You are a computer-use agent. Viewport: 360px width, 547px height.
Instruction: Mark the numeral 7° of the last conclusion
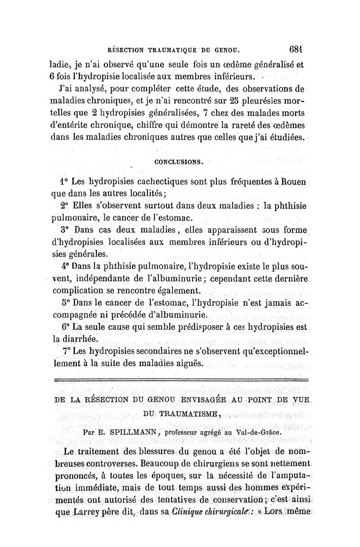64,351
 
